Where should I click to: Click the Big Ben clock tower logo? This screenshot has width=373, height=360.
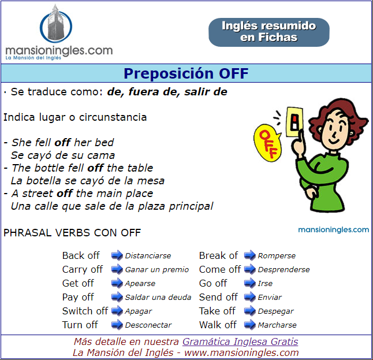55,24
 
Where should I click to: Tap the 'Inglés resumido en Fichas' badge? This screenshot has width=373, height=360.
269,32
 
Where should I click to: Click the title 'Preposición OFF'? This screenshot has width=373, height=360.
186,73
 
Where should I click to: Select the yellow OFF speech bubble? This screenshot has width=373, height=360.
267,142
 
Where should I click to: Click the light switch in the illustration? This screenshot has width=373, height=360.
294,122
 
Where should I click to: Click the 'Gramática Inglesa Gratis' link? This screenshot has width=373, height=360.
240,342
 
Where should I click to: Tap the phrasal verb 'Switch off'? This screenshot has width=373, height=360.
85,311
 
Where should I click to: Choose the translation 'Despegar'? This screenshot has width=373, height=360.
275,311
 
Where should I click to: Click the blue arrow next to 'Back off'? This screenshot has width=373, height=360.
117,255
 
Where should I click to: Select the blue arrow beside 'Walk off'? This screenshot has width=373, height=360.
250,325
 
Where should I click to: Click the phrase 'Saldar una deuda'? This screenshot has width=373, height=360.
158,297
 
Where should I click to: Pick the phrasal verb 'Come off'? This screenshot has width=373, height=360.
220,269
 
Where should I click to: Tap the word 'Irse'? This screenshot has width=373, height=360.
265,283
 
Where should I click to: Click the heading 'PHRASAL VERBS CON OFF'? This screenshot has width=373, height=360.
72,233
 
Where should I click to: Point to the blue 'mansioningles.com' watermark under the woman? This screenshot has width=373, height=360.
334,230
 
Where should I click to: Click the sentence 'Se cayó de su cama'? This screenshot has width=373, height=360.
63,155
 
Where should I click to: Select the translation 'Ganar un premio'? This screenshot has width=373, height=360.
157,269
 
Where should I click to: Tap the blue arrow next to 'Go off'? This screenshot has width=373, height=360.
250,283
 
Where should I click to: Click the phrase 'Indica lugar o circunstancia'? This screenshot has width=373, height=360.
75,117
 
